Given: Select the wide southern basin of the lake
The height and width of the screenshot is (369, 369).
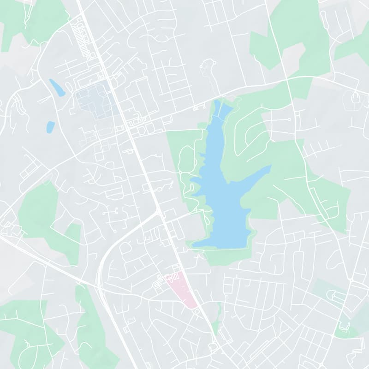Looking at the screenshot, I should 226,231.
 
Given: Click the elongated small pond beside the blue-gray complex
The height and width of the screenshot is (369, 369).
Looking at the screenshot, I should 57,88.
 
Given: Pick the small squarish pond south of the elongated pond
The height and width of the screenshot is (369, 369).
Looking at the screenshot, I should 50,127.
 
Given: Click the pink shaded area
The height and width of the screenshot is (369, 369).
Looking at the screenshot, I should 182,288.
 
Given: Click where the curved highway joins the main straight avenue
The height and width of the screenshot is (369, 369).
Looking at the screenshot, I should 159,212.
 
